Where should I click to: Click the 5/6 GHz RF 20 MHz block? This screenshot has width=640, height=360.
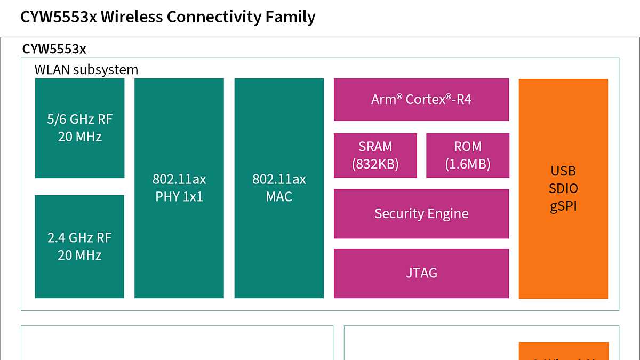pos(79,128)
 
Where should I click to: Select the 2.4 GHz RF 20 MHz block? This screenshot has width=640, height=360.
pos(79,246)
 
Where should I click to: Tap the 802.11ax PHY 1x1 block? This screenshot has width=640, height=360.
pos(179,188)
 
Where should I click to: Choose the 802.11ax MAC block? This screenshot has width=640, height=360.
pos(279,188)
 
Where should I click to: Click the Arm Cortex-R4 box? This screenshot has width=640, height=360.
pos(421,100)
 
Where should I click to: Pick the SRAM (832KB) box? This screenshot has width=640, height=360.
pos(375,155)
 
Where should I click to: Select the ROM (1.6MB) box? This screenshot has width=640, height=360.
pos(468,155)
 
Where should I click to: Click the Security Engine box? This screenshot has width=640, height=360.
pos(421,214)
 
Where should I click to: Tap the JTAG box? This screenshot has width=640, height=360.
pos(421,273)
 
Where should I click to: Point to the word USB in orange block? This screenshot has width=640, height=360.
pos(563,171)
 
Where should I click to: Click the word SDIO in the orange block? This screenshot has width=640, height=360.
pos(563,189)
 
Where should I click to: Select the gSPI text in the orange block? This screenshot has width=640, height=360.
pos(563,206)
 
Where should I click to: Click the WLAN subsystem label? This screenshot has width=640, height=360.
pos(86,70)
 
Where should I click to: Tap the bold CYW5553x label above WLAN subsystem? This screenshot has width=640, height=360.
pos(54,50)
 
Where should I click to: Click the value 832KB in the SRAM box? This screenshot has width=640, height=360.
pos(375,164)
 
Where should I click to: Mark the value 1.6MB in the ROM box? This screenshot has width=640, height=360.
pos(468,164)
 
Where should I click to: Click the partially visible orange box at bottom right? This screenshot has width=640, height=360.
pos(564,351)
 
